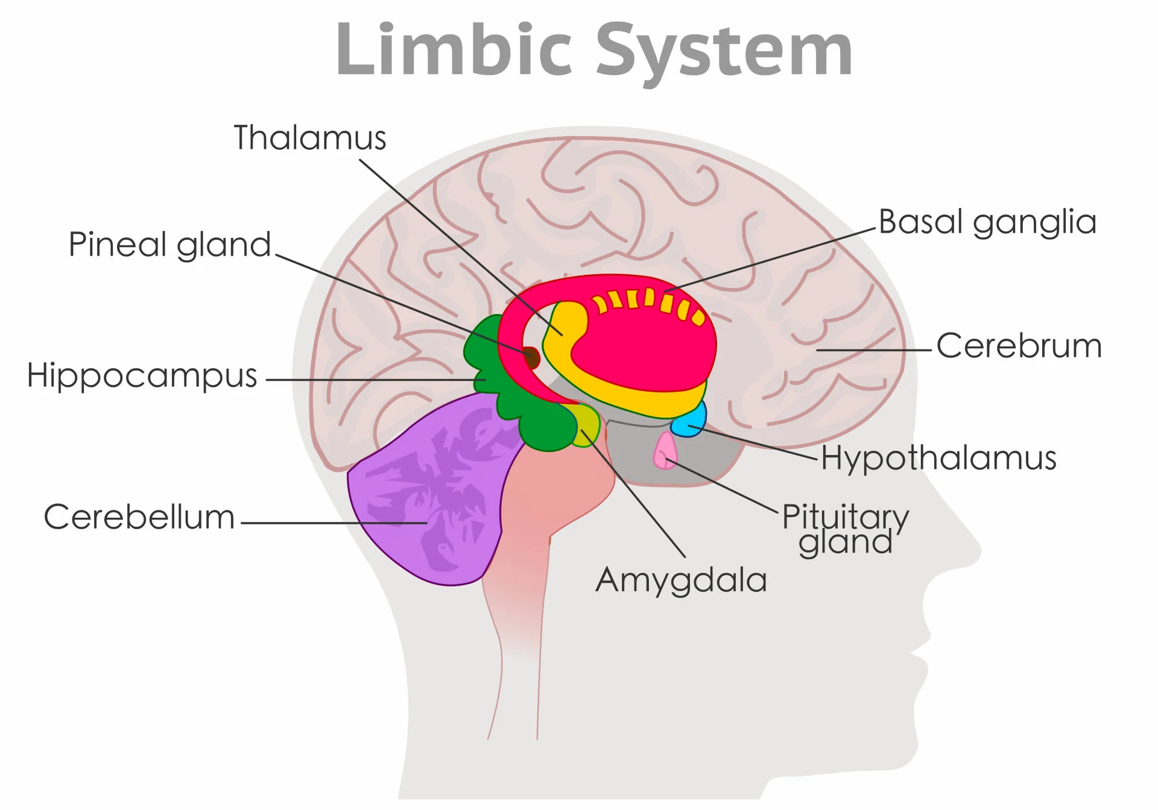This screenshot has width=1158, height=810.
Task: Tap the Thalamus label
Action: pos(309,138)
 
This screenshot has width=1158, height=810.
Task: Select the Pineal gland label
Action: pos(169,245)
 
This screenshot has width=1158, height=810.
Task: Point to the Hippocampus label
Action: pos(142,375)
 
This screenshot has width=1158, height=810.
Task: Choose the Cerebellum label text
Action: pos(139,517)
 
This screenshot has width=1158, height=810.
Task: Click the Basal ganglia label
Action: pos(987,222)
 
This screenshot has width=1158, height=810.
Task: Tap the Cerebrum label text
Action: pos(1019,347)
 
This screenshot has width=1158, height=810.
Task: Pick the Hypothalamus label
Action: pos(938,458)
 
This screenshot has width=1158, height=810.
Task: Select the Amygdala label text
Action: pos(681,580)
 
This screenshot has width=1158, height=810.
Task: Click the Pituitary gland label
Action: pos(845,529)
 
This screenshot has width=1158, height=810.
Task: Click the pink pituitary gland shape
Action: pos(665,451)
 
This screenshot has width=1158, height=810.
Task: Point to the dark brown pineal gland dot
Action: pos(531,357)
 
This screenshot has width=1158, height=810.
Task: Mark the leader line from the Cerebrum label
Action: pos(875,350)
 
